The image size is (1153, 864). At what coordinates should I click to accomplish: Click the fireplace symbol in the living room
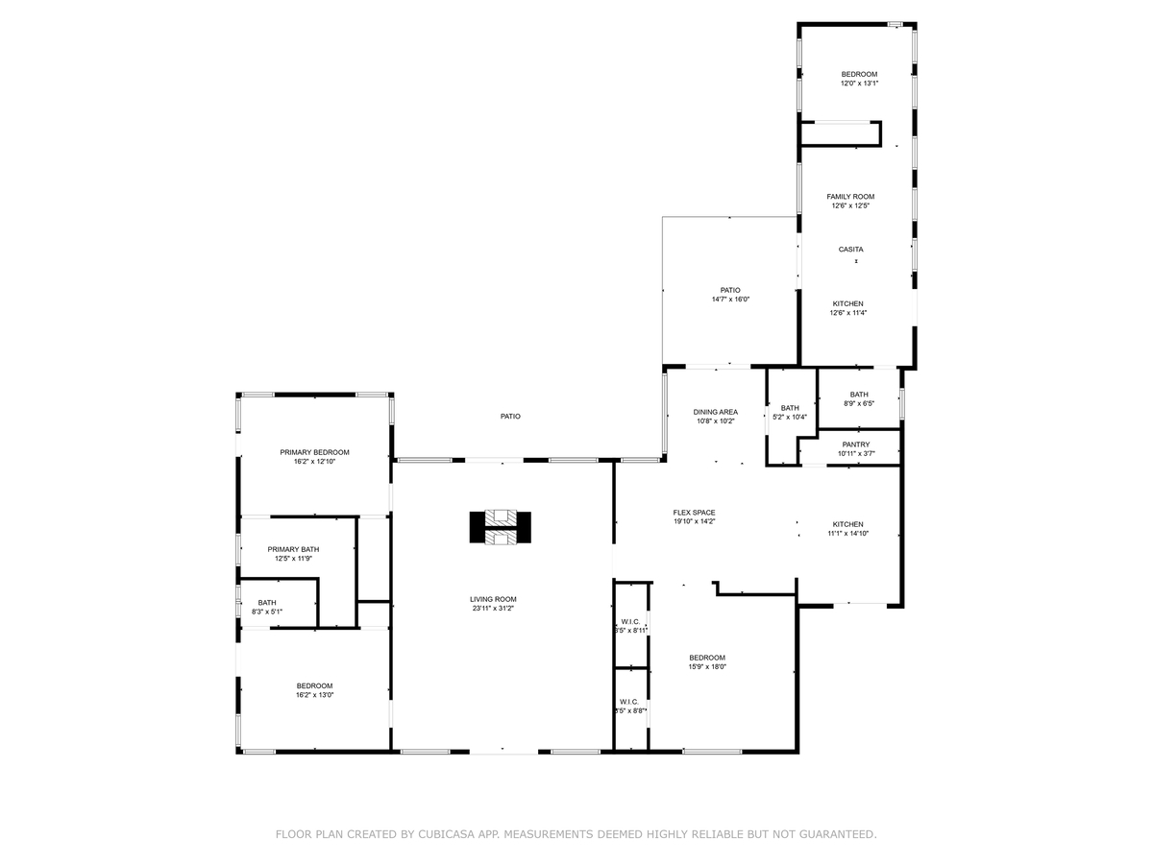[501, 527]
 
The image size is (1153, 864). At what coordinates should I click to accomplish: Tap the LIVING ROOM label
[494, 599]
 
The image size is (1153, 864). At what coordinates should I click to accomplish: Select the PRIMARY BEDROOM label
[314, 452]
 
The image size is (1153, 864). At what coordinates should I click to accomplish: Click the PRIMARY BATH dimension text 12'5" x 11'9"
[293, 558]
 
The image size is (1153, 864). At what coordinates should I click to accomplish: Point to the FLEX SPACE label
[694, 513]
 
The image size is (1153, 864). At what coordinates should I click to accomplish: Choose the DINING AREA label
[716, 412]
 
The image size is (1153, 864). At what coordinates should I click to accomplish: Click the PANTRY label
[855, 444]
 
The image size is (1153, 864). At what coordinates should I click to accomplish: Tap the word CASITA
[850, 250]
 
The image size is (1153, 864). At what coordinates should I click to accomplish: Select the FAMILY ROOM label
[850, 197]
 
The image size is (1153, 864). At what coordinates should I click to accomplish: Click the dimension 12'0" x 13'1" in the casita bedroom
[859, 84]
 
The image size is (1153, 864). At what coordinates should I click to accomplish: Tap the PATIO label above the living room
[510, 417]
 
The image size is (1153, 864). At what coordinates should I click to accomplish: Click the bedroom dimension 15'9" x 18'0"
[706, 666]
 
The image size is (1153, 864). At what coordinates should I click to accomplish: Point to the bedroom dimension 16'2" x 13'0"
[314, 694]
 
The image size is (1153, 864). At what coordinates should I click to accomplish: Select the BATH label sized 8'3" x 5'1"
[266, 603]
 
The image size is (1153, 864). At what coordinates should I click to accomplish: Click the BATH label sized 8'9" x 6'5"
[858, 395]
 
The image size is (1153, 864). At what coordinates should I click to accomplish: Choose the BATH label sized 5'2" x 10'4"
[790, 408]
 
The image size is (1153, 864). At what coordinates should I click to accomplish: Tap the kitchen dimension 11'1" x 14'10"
[847, 533]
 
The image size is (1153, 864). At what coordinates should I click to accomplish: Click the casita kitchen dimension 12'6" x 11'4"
[847, 312]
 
